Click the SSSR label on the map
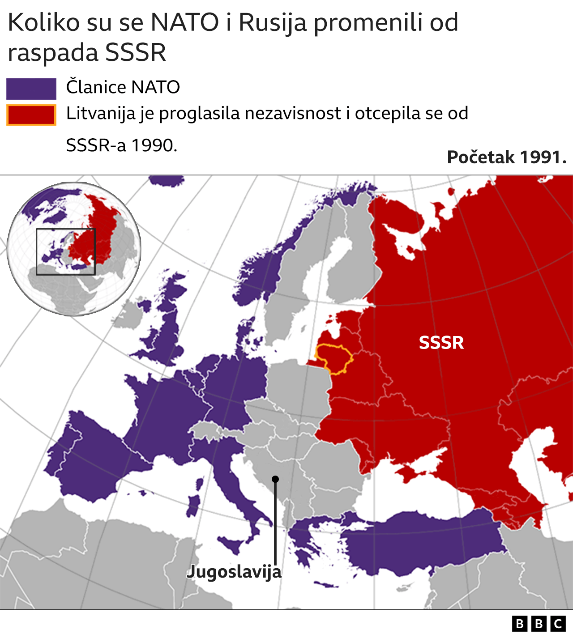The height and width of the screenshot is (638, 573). [441, 342]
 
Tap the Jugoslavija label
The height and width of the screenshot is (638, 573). [234, 572]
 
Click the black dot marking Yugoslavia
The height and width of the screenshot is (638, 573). [275, 479]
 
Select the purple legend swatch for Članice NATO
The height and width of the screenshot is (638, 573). [31, 89]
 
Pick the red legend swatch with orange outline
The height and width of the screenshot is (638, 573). [31, 115]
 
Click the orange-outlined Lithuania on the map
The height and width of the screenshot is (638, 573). [334, 358]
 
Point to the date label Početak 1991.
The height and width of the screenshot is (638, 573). [507, 157]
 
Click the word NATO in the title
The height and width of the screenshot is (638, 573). [184, 22]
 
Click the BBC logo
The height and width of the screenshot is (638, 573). [539, 624]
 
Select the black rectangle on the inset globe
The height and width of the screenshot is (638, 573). [65, 252]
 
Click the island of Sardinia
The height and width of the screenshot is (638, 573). [193, 506]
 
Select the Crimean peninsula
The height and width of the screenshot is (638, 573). [411, 472]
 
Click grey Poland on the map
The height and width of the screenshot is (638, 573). [298, 389]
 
